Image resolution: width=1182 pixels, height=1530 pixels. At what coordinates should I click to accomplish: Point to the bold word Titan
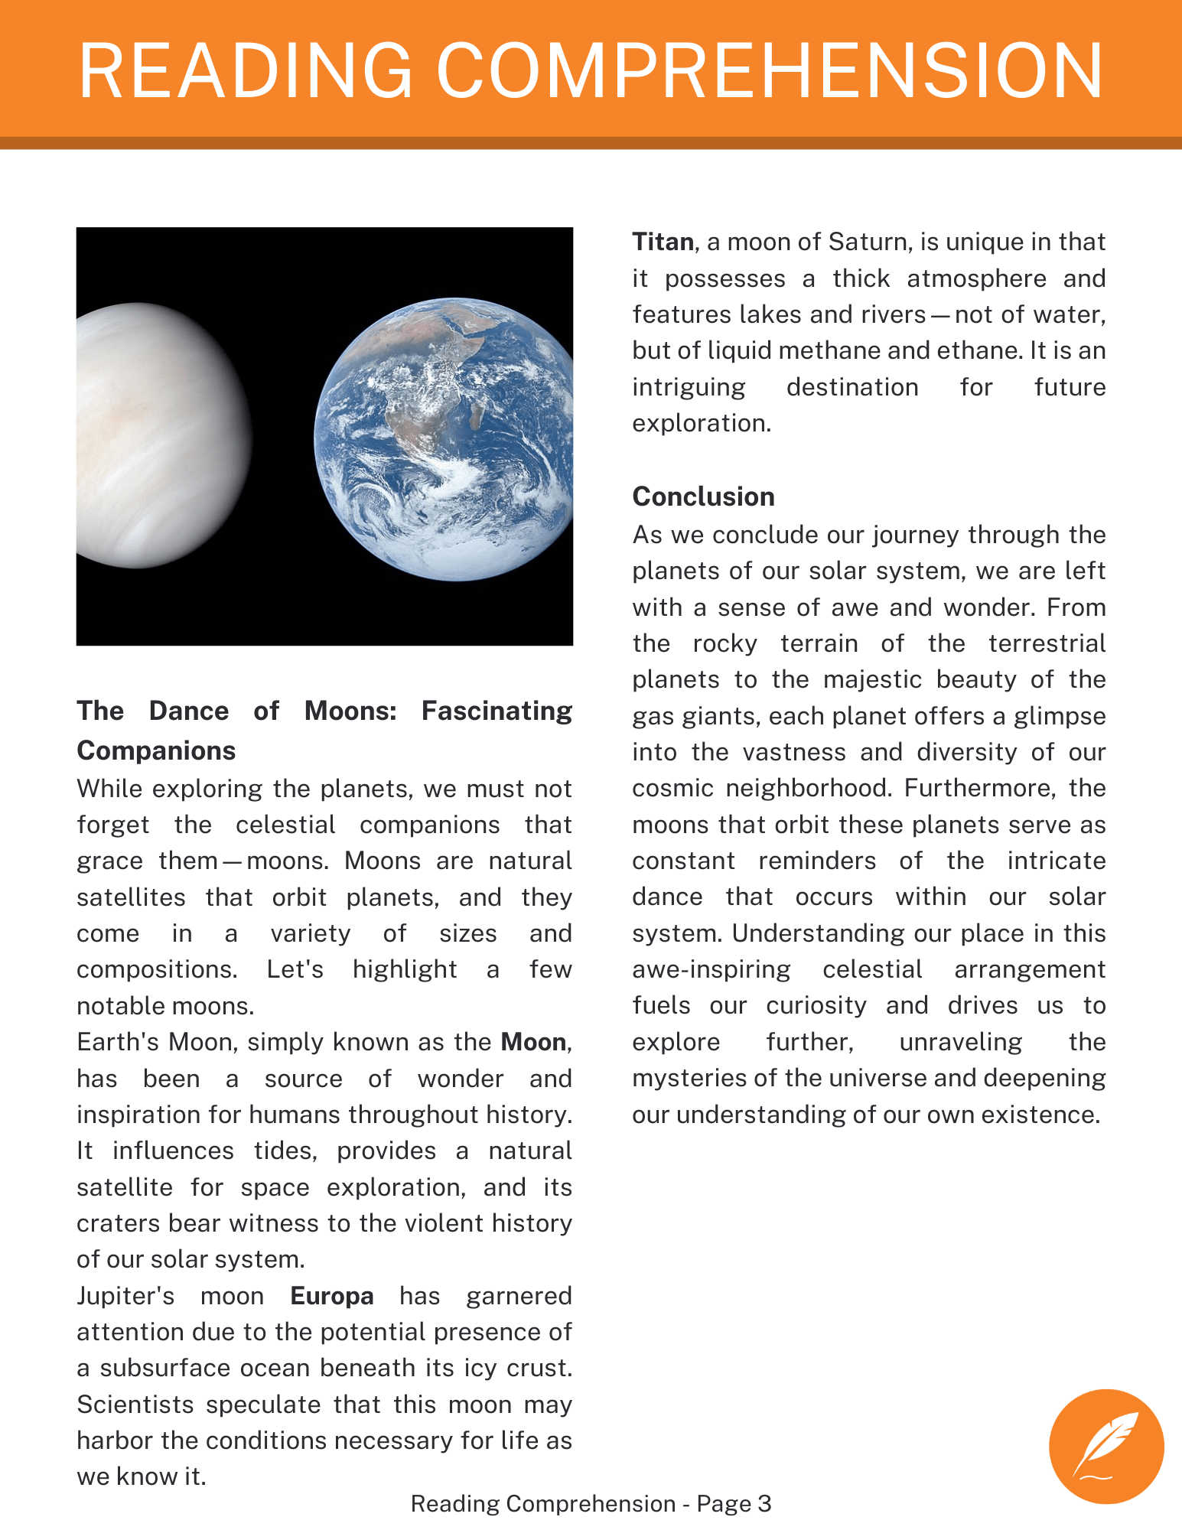click(663, 242)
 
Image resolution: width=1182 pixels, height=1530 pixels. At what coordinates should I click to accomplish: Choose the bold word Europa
click(332, 1296)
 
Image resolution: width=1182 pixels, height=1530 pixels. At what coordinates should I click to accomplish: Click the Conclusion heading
click(703, 496)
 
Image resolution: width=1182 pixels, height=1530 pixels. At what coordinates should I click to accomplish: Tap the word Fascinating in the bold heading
click(497, 711)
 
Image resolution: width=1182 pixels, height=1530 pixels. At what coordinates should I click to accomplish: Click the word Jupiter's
click(125, 1296)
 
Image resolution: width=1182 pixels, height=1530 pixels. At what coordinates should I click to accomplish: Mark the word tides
click(282, 1151)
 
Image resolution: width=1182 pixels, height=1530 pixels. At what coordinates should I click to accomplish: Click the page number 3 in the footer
click(764, 1503)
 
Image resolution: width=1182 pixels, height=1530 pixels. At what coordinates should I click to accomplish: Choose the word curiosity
click(816, 1005)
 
